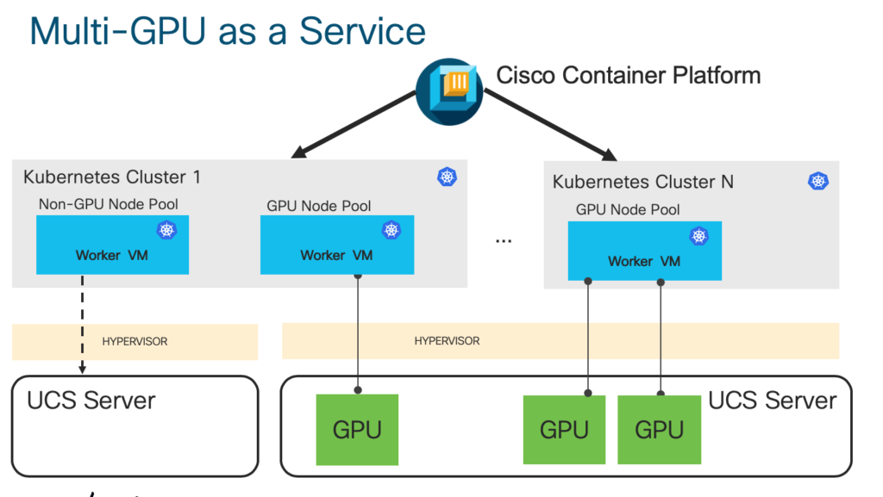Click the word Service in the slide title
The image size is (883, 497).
[x=362, y=31]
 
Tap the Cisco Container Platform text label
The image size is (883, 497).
[x=628, y=76]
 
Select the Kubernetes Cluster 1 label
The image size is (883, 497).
[x=112, y=177]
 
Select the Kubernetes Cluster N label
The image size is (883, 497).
[x=643, y=182]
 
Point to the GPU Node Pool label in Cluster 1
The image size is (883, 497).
[x=319, y=206]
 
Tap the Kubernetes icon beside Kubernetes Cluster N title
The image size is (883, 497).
[x=817, y=181]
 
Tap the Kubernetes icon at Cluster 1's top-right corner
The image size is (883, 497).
[x=447, y=177]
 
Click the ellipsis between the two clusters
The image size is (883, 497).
[x=504, y=240]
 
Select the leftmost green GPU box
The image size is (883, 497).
[x=357, y=429]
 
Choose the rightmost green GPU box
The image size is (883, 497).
[x=659, y=430]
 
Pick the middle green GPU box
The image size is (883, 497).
[x=564, y=430]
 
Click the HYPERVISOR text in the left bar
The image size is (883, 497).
[x=135, y=342]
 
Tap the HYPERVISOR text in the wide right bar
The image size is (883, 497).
[x=447, y=341]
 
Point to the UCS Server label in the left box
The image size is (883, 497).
[x=91, y=401]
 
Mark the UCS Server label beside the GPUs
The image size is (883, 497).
[x=772, y=401]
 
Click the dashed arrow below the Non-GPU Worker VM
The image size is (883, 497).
[x=83, y=323]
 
